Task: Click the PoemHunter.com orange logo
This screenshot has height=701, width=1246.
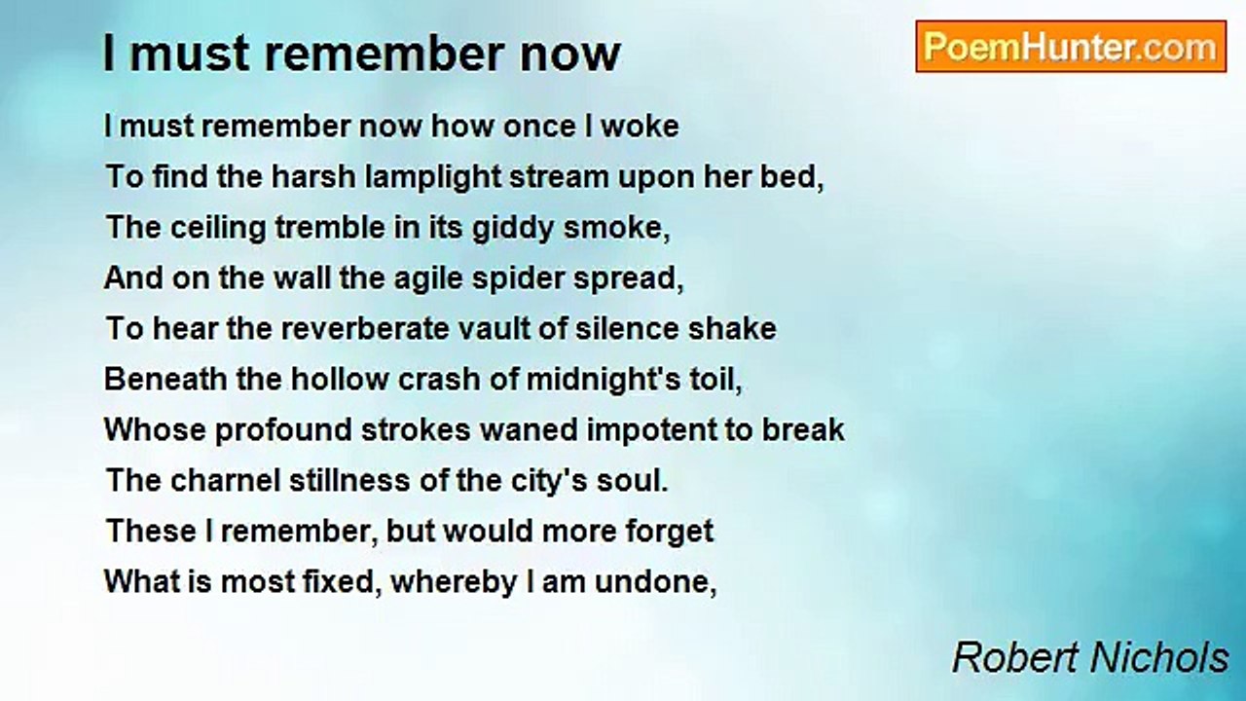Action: pyautogui.click(x=1071, y=47)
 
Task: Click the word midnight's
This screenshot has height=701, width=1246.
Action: pyautogui.click(x=603, y=381)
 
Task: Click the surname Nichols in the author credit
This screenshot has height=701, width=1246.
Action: pyautogui.click(x=1159, y=658)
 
